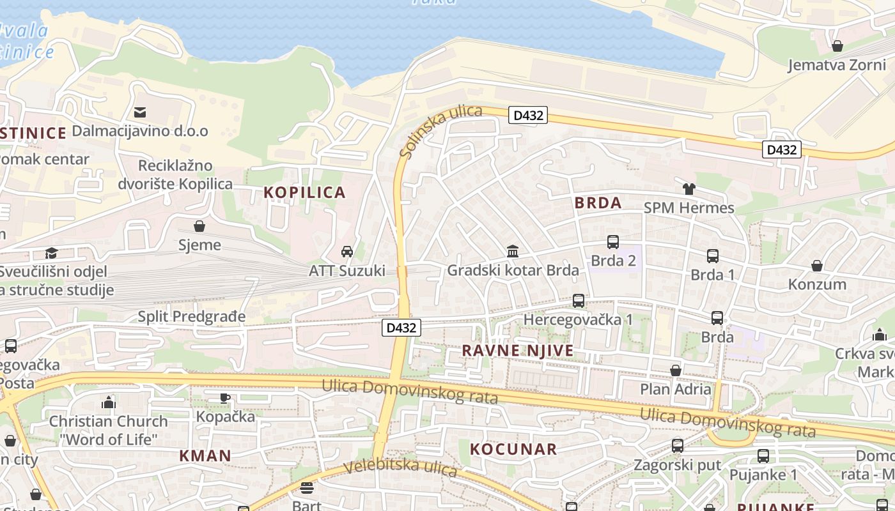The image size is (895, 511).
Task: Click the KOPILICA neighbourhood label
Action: [304, 192]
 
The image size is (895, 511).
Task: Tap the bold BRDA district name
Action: [598, 203]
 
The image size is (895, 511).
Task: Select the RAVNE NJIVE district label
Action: [518, 351]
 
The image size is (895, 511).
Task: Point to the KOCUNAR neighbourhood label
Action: [513, 449]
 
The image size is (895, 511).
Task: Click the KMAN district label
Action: [205, 455]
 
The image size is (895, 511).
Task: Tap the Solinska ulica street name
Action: [440, 131]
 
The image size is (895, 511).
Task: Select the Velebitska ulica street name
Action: [400, 467]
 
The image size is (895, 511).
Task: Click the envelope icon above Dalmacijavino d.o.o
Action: [139, 112]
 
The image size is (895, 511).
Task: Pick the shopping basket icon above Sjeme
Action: [199, 226]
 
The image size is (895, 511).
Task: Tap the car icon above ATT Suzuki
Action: [347, 251]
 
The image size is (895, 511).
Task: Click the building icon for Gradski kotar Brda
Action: [513, 251]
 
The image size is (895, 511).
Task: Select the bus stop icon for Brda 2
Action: [612, 242]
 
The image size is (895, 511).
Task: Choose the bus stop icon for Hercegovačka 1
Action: [579, 300]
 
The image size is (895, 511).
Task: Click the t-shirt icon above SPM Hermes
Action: [689, 189]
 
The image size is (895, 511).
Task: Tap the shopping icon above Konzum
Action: [817, 265]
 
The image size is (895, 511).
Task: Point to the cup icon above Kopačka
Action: [225, 398]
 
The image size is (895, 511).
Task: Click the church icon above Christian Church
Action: [109, 402]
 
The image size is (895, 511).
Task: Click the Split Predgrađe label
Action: [192, 317]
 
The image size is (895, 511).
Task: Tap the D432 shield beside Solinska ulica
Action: [528, 115]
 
